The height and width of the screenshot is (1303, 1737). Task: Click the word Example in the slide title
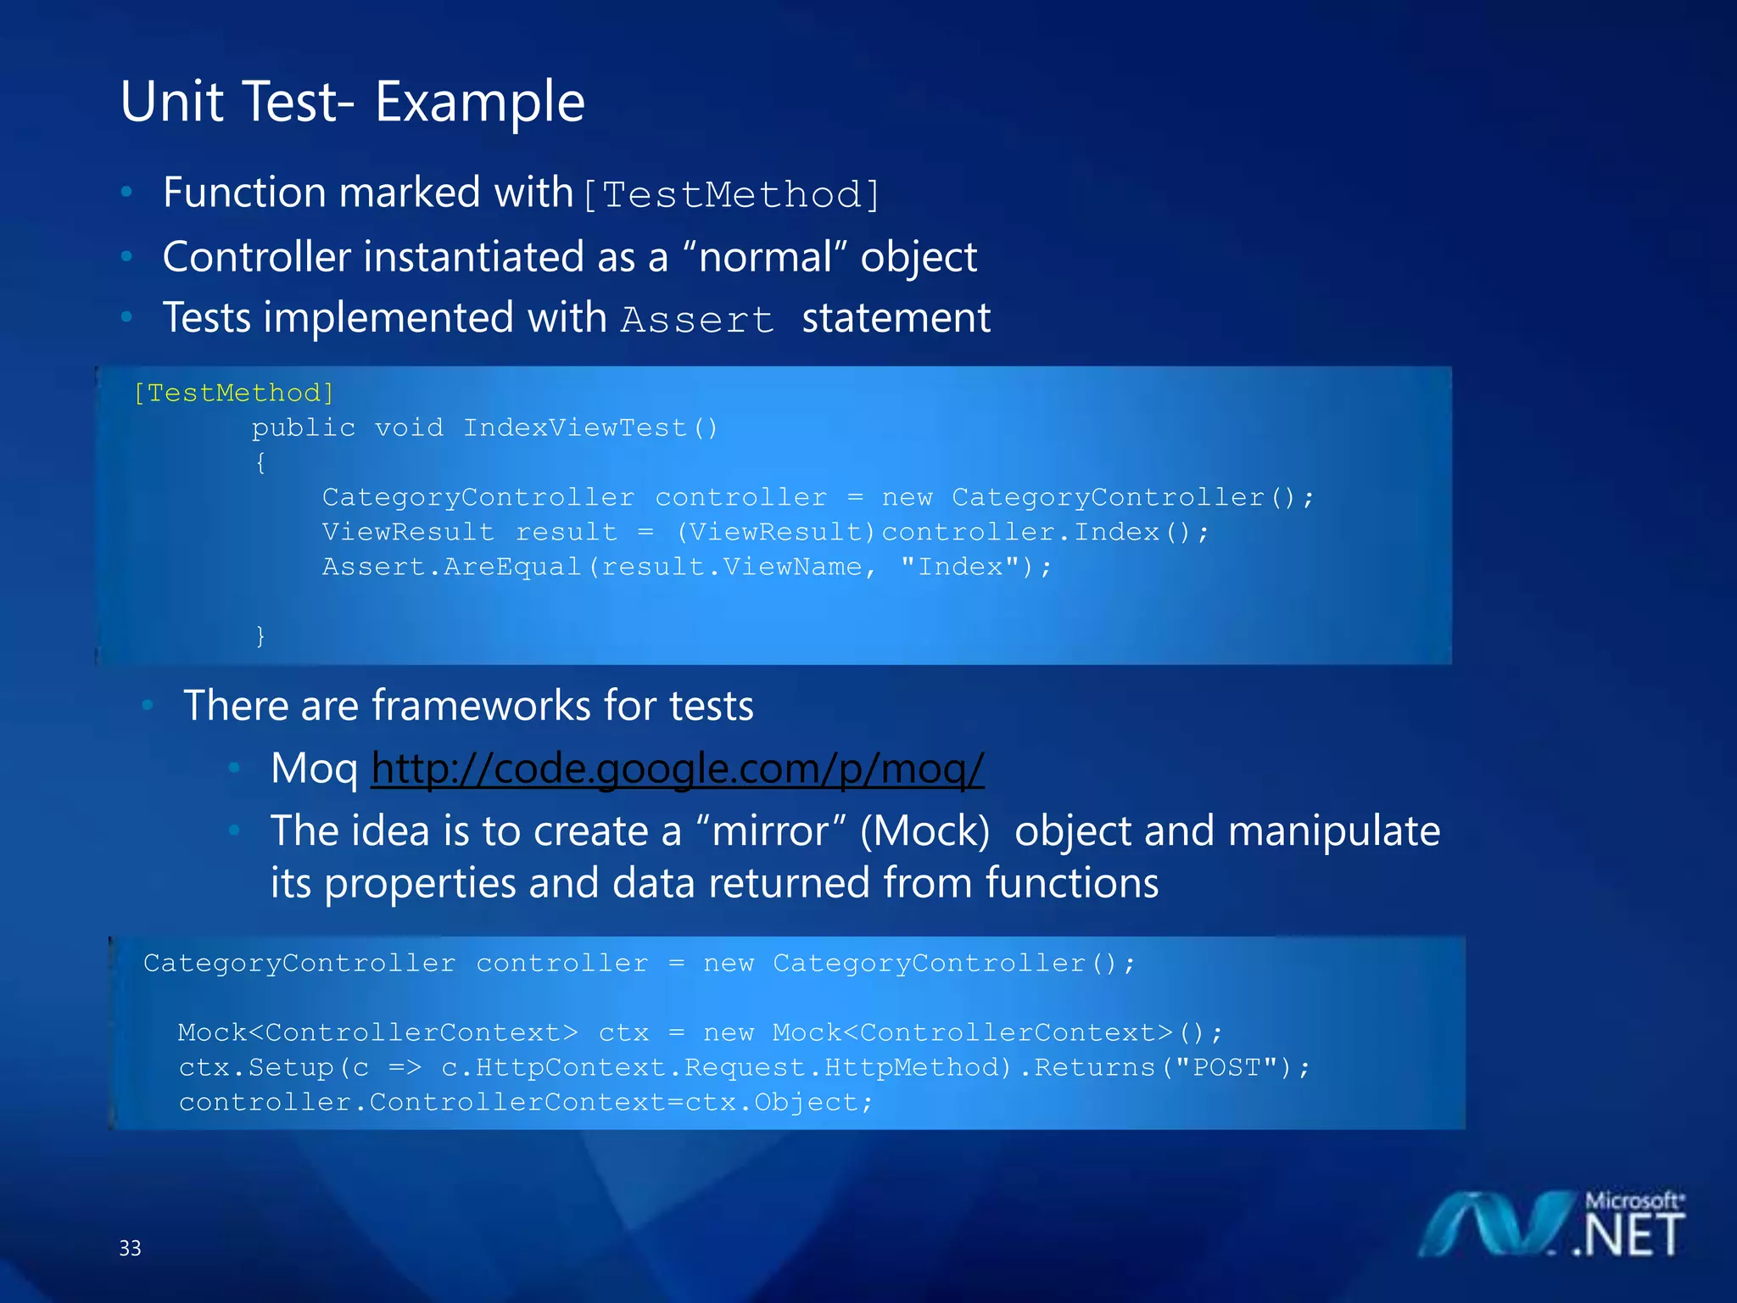pos(479,103)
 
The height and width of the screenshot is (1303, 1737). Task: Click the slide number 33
pos(130,1248)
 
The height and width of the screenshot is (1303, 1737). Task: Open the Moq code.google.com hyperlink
pos(677,769)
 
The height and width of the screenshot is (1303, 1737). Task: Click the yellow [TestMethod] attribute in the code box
pos(234,393)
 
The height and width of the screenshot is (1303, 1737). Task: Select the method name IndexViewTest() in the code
pos(590,428)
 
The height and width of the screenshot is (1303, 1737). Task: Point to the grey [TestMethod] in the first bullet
pos(732,195)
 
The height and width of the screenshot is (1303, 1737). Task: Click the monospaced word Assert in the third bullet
pos(697,320)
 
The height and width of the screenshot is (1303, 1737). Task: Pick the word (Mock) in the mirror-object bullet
pos(924,830)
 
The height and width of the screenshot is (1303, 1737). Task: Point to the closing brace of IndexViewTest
pos(260,635)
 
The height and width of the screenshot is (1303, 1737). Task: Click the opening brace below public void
pos(260,462)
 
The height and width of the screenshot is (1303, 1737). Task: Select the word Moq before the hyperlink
pos(314,769)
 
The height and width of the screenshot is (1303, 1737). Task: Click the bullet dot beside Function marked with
pos(126,193)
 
